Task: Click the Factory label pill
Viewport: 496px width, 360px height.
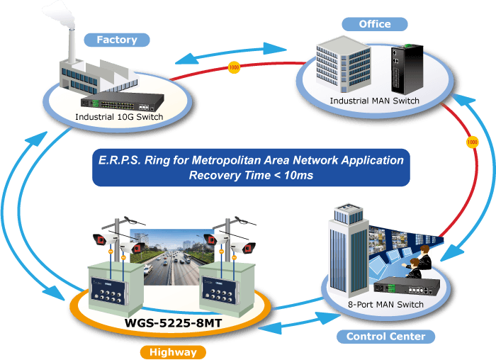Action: click(117, 40)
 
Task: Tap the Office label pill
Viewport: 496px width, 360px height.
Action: click(375, 24)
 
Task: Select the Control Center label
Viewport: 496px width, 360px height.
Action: click(385, 337)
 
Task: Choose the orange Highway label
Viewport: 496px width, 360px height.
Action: click(173, 352)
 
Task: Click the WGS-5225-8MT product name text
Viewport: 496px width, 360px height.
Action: click(173, 323)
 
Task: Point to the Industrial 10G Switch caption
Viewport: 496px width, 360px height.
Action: click(119, 117)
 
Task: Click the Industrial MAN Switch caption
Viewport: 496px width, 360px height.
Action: click(375, 101)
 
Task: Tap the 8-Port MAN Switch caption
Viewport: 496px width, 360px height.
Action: click(385, 304)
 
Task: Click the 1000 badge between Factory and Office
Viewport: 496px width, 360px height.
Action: click(234, 67)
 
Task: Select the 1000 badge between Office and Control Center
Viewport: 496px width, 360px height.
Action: click(473, 142)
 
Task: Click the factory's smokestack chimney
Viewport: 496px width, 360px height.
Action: click(72, 46)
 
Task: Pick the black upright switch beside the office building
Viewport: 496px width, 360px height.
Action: click(407, 69)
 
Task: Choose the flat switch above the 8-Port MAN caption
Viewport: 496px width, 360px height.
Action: click(407, 287)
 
